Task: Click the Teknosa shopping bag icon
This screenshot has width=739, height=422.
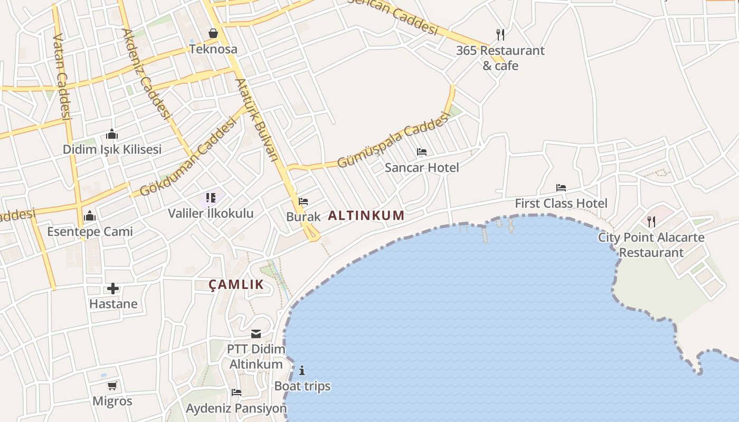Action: (x=213, y=34)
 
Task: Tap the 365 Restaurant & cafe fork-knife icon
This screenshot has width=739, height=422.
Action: (x=500, y=35)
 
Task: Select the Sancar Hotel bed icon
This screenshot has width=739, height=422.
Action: (x=422, y=152)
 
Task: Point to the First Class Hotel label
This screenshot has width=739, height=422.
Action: (x=561, y=203)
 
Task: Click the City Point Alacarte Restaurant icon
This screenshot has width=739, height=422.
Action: (x=651, y=222)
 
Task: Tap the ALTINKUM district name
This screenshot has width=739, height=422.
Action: (x=366, y=215)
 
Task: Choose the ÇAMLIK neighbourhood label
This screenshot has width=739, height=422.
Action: (x=236, y=285)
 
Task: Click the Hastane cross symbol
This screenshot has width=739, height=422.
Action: (x=113, y=289)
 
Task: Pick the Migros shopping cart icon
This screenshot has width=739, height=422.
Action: (x=112, y=386)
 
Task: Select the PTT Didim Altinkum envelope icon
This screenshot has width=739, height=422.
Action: (x=256, y=334)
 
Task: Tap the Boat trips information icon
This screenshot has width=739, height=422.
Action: (x=302, y=370)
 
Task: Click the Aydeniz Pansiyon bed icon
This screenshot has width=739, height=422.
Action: (x=236, y=392)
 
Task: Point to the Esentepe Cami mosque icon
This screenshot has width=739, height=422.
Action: (x=90, y=216)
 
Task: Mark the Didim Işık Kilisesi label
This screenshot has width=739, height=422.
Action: (x=112, y=149)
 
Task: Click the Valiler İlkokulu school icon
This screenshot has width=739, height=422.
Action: (x=211, y=198)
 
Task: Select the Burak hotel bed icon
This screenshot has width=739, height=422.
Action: (x=303, y=202)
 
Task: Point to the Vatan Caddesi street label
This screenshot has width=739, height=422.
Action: (x=62, y=77)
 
